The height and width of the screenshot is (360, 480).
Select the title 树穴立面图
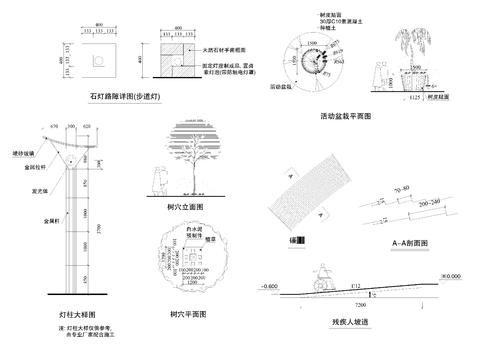click(x=187, y=206)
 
